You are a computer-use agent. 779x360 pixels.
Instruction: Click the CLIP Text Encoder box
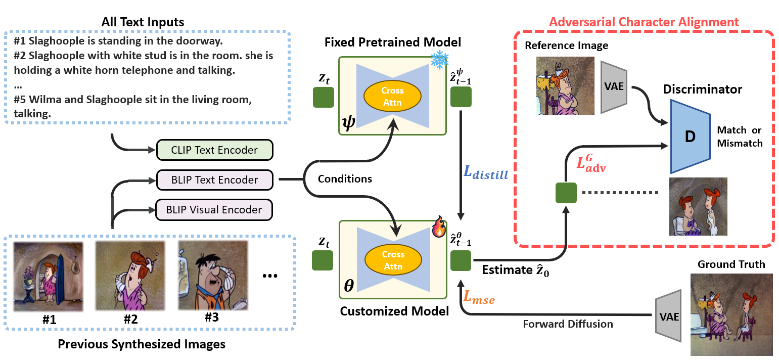click(x=215, y=150)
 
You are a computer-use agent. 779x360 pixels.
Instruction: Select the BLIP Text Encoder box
click(x=215, y=179)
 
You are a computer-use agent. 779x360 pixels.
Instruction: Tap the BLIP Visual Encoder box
click(x=215, y=209)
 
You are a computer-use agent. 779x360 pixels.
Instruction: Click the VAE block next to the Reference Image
click(x=614, y=87)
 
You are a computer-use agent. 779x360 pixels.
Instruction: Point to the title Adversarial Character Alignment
click(x=644, y=22)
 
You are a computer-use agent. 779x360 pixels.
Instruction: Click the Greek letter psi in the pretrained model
click(x=349, y=123)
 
